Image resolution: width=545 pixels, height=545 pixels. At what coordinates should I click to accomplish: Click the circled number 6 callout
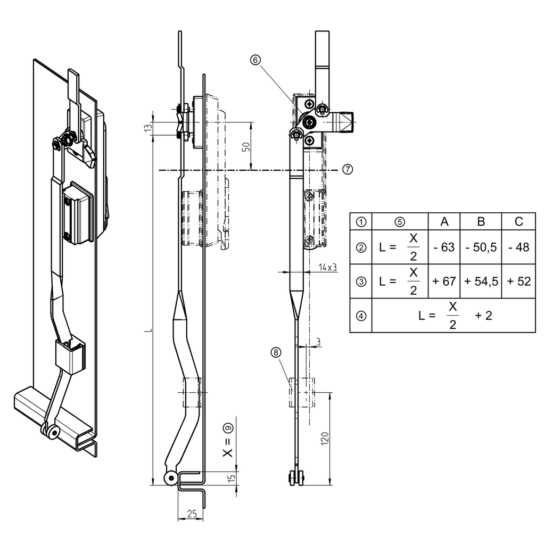(255, 61)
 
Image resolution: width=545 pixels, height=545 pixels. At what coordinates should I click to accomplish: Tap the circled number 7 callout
(347, 169)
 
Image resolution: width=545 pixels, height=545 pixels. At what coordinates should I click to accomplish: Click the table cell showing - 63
(444, 247)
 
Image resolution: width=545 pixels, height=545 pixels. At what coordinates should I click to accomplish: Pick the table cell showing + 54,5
(481, 281)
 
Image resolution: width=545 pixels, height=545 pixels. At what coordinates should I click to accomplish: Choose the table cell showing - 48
(518, 247)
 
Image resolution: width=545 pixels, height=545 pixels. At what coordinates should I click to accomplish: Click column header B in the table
(481, 221)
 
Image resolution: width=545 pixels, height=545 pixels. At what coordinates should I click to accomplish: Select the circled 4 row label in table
(361, 316)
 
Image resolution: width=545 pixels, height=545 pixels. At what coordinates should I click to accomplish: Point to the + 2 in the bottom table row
(483, 316)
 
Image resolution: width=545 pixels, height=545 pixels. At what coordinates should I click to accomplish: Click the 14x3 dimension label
(328, 268)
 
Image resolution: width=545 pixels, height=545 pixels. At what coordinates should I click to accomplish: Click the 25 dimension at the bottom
(192, 514)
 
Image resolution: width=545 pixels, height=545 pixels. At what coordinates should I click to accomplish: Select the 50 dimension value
(245, 147)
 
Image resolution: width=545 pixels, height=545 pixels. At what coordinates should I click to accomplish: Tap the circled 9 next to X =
(228, 427)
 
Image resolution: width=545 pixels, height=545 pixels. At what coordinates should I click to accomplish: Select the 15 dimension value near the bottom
(231, 478)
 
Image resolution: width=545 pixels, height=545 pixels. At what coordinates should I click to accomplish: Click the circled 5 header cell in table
(400, 221)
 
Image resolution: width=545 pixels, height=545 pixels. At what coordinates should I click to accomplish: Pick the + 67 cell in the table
(444, 281)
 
